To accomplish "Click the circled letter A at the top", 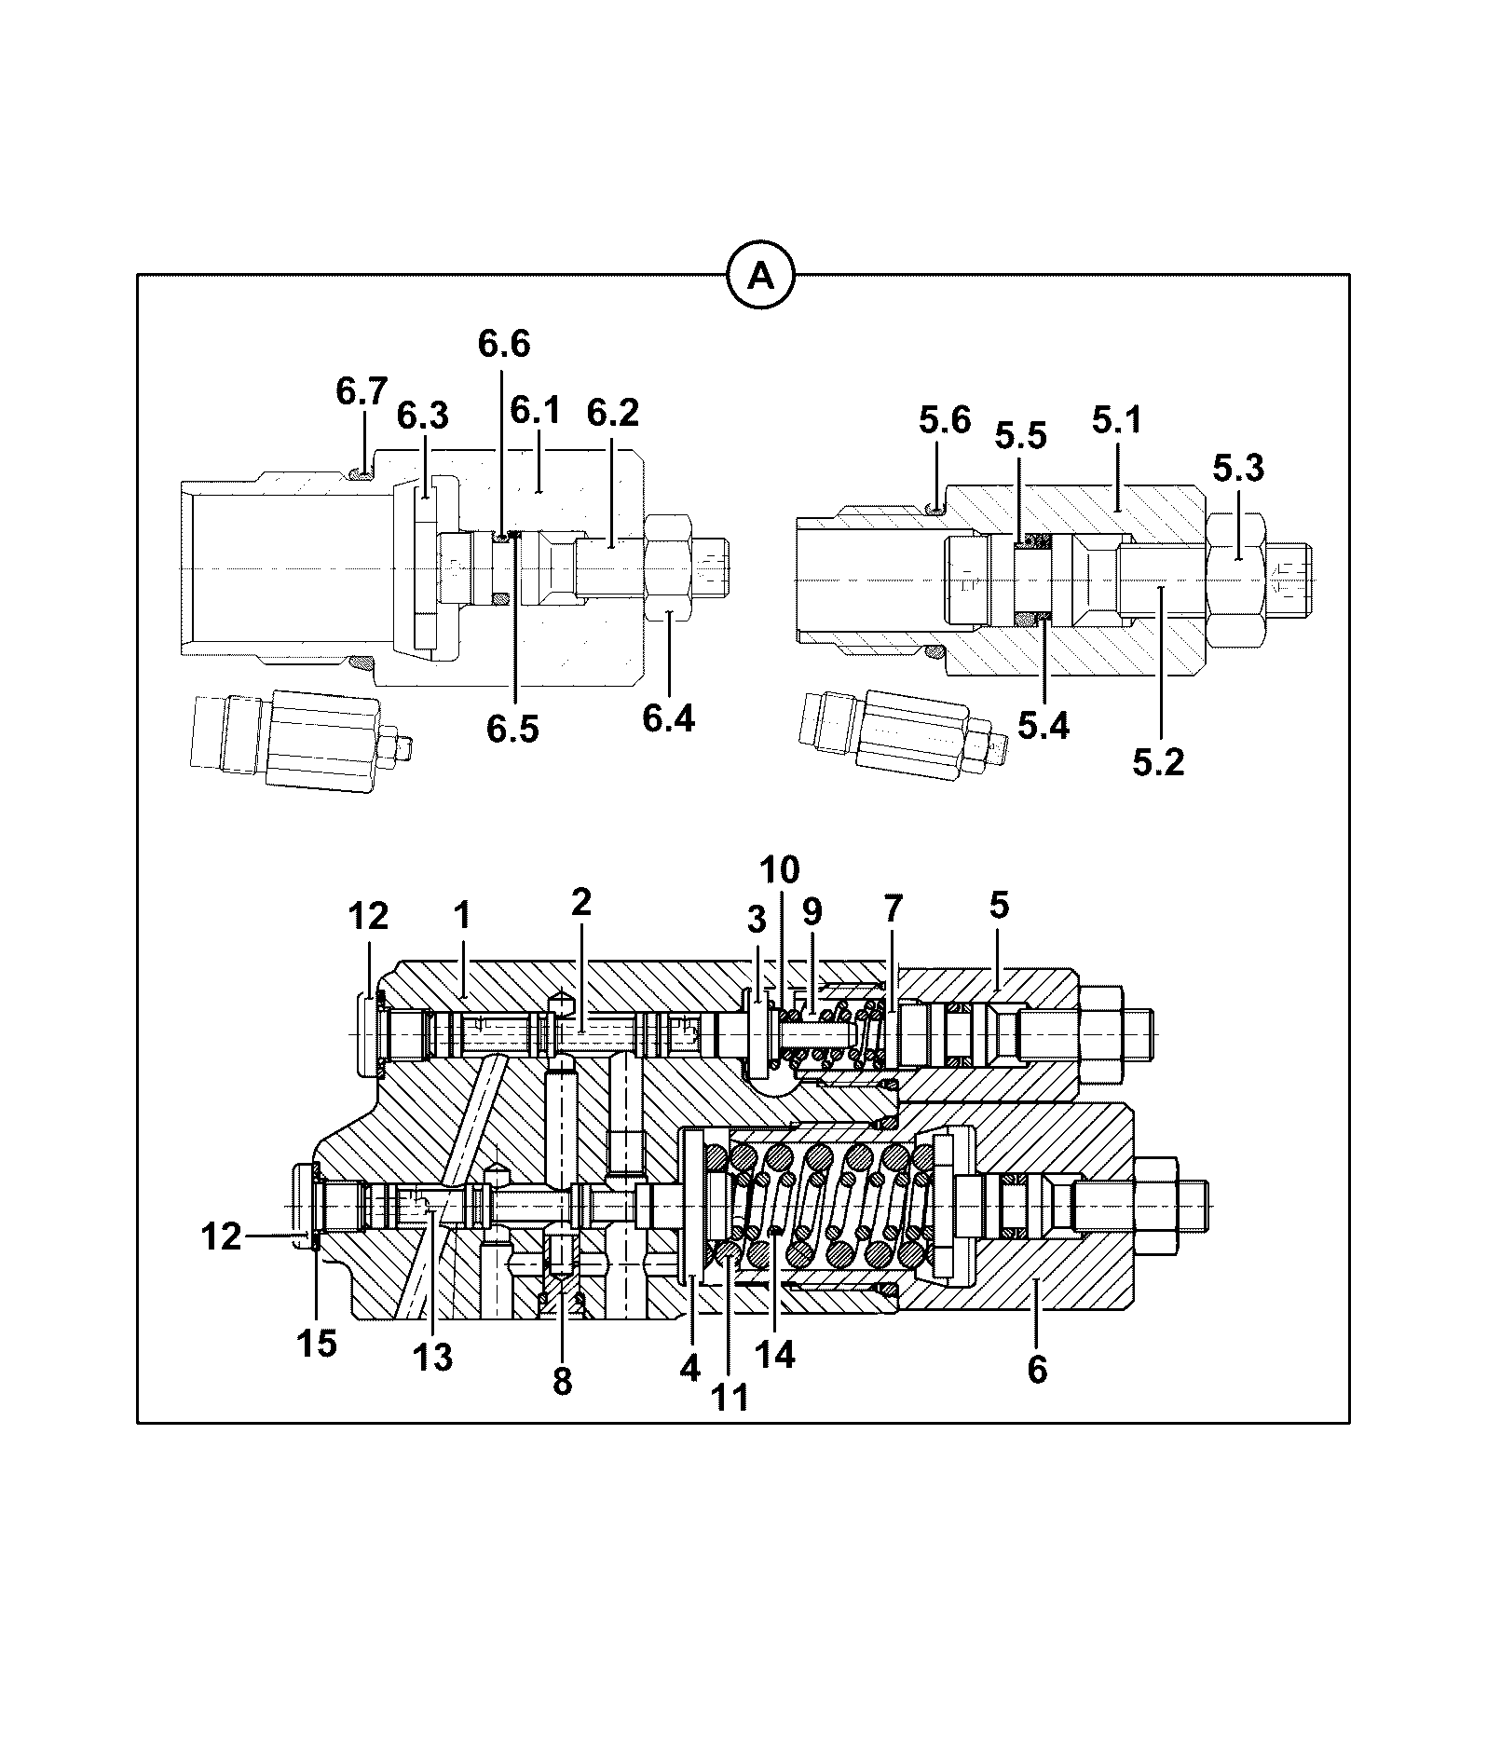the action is (x=760, y=276).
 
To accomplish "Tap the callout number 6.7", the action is (x=362, y=391).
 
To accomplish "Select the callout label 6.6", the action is (x=504, y=344).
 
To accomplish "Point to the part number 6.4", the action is (x=669, y=718).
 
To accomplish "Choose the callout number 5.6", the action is (x=945, y=421).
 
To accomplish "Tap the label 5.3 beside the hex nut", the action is (x=1238, y=469).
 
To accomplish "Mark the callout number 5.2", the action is (x=1158, y=762).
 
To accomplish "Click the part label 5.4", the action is (x=1044, y=724).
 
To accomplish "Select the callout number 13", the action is (x=433, y=1358).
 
